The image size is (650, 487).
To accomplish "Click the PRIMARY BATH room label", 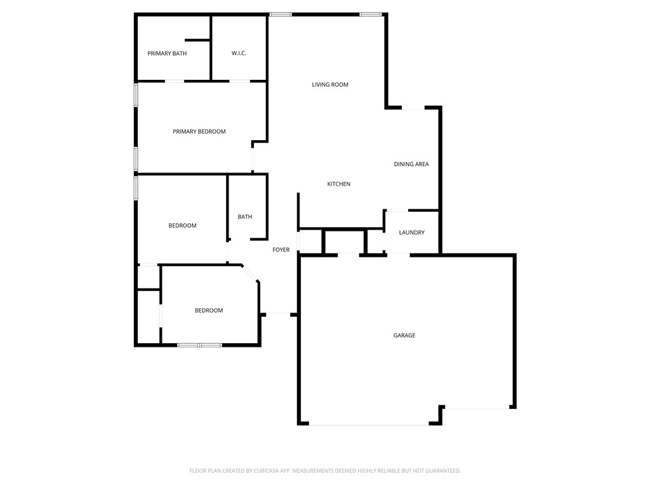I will tap(167, 53).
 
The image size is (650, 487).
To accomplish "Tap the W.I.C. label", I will tap(239, 53).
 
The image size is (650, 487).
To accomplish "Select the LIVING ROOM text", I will tap(330, 84).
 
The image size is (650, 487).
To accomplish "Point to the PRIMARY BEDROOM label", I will tap(199, 131).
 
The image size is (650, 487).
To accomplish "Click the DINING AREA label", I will tap(411, 164).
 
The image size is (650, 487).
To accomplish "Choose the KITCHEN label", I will tap(339, 184).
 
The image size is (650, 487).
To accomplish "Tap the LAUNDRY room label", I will tap(412, 233).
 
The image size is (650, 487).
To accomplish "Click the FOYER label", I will tap(281, 250).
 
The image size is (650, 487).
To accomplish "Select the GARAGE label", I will tap(404, 335).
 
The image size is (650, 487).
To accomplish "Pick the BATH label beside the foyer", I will tap(245, 217).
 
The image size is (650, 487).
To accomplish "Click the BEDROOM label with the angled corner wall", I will tap(209, 311).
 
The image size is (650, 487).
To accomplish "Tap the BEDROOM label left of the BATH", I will tap(182, 226).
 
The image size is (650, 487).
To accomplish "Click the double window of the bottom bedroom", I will tap(199, 345).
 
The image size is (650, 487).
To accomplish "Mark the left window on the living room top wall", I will tap(281, 14).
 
